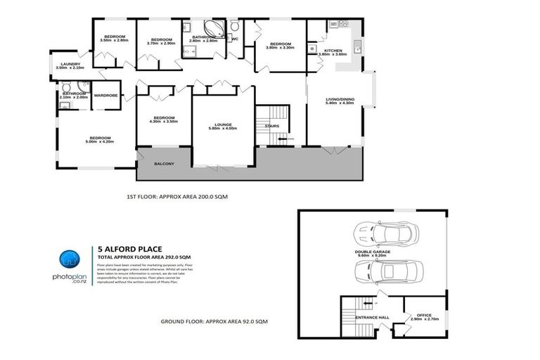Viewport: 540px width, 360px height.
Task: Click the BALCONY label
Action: click(x=163, y=164)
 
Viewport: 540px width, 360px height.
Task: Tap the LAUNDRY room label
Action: click(x=72, y=65)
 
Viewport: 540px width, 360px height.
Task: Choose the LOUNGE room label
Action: click(x=223, y=123)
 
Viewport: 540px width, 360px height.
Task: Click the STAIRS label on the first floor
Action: click(x=272, y=127)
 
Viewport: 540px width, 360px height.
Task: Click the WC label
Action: click(x=235, y=39)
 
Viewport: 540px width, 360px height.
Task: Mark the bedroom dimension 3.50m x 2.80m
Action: click(x=115, y=40)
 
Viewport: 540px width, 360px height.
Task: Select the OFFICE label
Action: click(x=425, y=315)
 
